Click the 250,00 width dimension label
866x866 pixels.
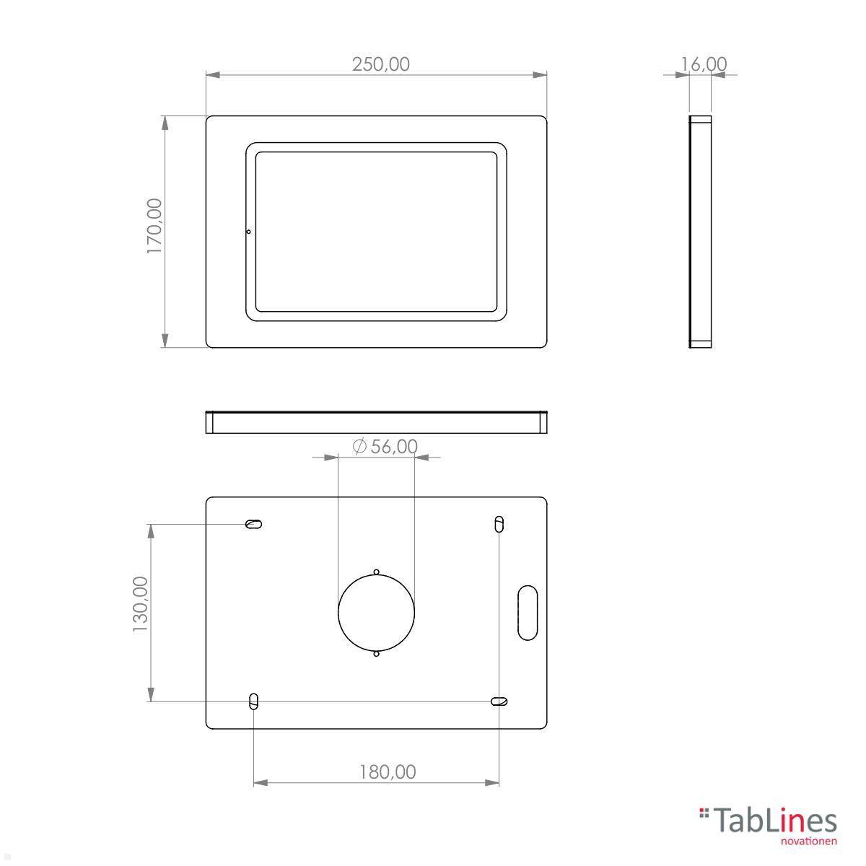pos(380,64)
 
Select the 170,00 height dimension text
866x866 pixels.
pos(155,226)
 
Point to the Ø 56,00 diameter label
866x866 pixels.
pos(385,447)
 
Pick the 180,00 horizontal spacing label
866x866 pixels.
pos(388,771)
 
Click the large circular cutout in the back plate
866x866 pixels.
pos(376,613)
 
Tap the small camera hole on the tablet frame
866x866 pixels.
pos(248,232)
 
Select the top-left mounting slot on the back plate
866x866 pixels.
pos(253,525)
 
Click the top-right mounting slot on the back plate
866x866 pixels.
pos(499,524)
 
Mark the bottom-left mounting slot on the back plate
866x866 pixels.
pos(253,701)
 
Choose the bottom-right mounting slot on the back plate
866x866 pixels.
pos(499,701)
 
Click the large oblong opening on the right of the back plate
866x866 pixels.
pos(528,612)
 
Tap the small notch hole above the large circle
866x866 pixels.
pos(376,572)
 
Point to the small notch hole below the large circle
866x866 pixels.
pos(376,654)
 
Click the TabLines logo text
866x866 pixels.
pos(776,821)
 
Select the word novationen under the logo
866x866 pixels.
pos(809,840)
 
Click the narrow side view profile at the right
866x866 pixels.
pos(700,232)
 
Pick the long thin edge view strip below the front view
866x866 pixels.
pos(376,422)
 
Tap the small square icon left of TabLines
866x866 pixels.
pos(704,814)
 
